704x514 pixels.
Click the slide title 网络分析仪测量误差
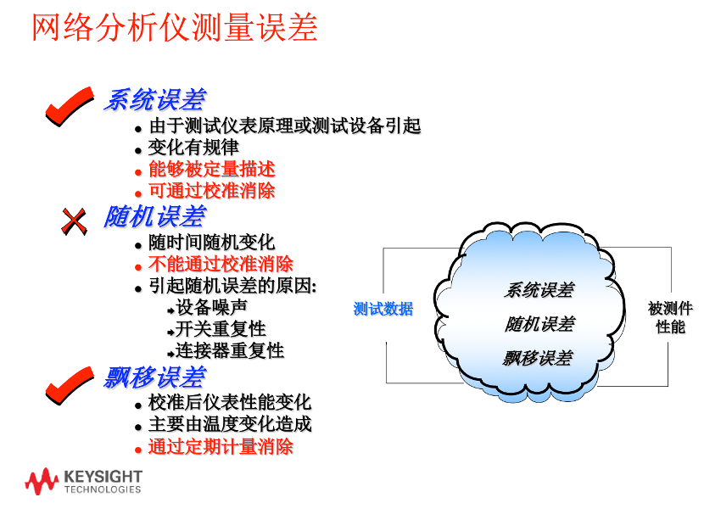point(175,28)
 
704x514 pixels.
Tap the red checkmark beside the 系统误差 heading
point(70,106)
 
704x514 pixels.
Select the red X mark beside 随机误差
point(74,221)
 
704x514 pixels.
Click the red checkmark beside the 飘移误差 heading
point(70,385)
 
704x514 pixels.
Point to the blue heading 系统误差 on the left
point(155,99)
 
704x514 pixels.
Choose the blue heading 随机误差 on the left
point(155,216)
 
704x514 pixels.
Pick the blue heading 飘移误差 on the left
point(155,377)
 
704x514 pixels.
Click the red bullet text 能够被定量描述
point(211,170)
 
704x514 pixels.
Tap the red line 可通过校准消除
point(211,191)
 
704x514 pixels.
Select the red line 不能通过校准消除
point(221,264)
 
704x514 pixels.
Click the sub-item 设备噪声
point(211,308)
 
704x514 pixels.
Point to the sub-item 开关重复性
point(221,329)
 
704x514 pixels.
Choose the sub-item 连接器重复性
point(229,350)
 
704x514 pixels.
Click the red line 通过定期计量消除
point(221,447)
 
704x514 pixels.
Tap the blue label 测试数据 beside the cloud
point(383,309)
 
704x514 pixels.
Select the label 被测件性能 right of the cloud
point(670,317)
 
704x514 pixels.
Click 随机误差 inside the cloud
point(539,324)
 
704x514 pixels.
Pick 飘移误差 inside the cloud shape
point(538,358)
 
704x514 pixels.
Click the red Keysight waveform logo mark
point(42,481)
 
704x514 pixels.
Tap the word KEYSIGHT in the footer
point(103,477)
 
